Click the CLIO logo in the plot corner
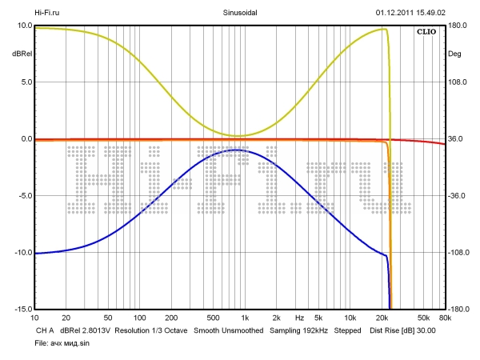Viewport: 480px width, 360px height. pos(425,32)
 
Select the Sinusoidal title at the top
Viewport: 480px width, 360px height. pos(240,13)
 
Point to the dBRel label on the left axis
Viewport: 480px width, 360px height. pos(21,54)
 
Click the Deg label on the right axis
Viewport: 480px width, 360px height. pos(454,54)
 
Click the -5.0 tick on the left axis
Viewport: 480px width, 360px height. pos(23,196)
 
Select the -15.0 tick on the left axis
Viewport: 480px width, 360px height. pos(22,309)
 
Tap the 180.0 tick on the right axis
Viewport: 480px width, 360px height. pos(456,26)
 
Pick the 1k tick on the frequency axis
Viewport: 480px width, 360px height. pos(246,317)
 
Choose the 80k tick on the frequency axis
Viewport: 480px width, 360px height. pos(445,317)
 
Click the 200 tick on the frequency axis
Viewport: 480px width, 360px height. pos(171,317)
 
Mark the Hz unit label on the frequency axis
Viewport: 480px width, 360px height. pos(299,317)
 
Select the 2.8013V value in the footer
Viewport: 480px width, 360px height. pos(93,330)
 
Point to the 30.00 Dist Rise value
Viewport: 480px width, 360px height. pos(425,330)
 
